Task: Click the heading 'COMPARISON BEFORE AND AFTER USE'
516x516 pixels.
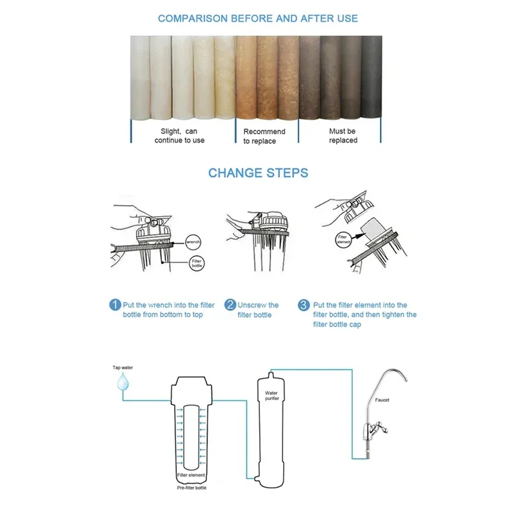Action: pos(258,19)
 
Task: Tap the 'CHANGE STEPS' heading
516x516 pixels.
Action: pos(258,173)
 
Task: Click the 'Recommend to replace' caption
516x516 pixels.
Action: pos(264,136)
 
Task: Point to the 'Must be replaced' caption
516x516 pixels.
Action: pos(342,136)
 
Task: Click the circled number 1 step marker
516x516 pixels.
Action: pos(114,305)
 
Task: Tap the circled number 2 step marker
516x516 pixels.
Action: pos(229,305)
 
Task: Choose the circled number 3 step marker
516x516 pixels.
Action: pos(303,305)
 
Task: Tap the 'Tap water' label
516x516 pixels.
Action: pos(122,368)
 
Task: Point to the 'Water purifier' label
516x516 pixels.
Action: pos(271,395)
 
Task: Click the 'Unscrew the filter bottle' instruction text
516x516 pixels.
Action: pos(258,310)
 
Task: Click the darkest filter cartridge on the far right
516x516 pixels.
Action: pos(371,77)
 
